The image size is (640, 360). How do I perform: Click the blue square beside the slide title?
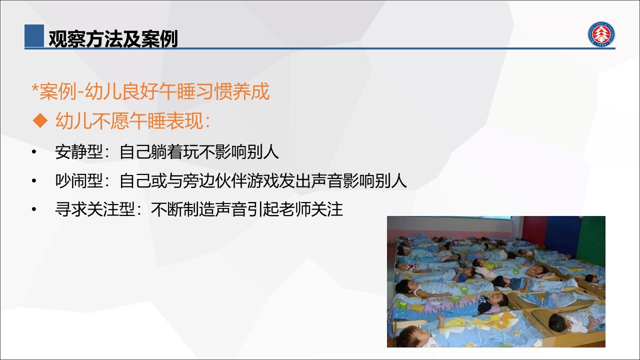click(x=34, y=35)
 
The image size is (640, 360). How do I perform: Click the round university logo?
click(x=601, y=34)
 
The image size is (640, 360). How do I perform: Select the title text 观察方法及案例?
click(x=113, y=38)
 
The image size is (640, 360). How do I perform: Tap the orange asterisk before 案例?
click(x=35, y=87)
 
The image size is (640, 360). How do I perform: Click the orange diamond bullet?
click(x=40, y=120)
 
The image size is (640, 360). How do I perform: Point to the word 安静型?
click(x=79, y=151)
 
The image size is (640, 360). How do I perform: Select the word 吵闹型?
click(x=79, y=181)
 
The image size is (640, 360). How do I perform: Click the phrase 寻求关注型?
click(x=95, y=209)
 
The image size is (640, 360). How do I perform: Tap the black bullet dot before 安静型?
click(x=34, y=151)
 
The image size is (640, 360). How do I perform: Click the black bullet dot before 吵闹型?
click(x=34, y=181)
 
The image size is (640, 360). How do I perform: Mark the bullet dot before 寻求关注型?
click(x=34, y=209)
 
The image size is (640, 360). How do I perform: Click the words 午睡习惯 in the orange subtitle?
click(x=195, y=91)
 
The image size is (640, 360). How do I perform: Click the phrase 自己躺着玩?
click(x=159, y=151)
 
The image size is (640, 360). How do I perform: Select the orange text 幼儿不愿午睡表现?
click(x=129, y=120)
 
